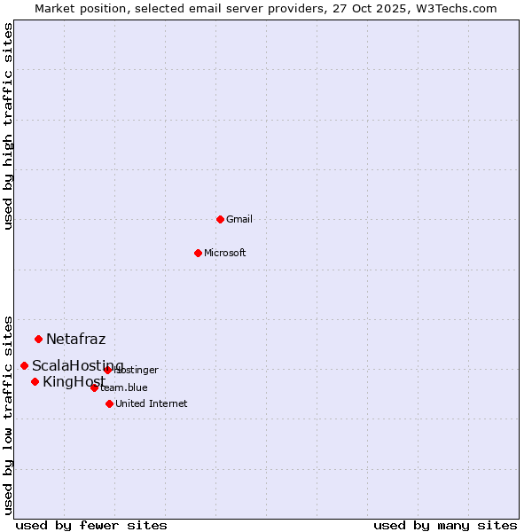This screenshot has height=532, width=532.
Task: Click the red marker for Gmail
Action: click(x=220, y=219)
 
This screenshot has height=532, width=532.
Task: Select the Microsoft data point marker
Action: click(x=198, y=253)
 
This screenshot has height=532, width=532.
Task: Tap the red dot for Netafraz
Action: click(x=38, y=339)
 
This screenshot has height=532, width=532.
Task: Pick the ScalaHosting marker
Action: click(x=24, y=365)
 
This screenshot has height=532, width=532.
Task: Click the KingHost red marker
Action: click(x=35, y=381)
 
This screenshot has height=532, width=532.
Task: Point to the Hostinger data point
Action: click(x=107, y=370)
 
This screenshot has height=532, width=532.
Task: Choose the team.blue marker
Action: click(x=94, y=387)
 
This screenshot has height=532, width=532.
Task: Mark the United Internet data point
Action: click(x=109, y=403)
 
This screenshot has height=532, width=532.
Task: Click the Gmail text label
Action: click(x=239, y=219)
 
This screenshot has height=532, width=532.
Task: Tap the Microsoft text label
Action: click(x=225, y=253)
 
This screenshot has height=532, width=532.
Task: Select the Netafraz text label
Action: click(x=75, y=339)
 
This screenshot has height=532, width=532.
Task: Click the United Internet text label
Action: click(x=152, y=403)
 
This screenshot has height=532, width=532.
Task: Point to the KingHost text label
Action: click(x=74, y=382)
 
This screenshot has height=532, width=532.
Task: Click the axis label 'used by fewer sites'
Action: click(x=91, y=525)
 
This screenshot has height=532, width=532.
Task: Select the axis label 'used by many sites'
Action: click(x=445, y=525)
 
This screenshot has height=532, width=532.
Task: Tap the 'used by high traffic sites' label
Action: click(x=9, y=126)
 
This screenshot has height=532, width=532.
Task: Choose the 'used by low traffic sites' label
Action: click(x=9, y=414)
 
